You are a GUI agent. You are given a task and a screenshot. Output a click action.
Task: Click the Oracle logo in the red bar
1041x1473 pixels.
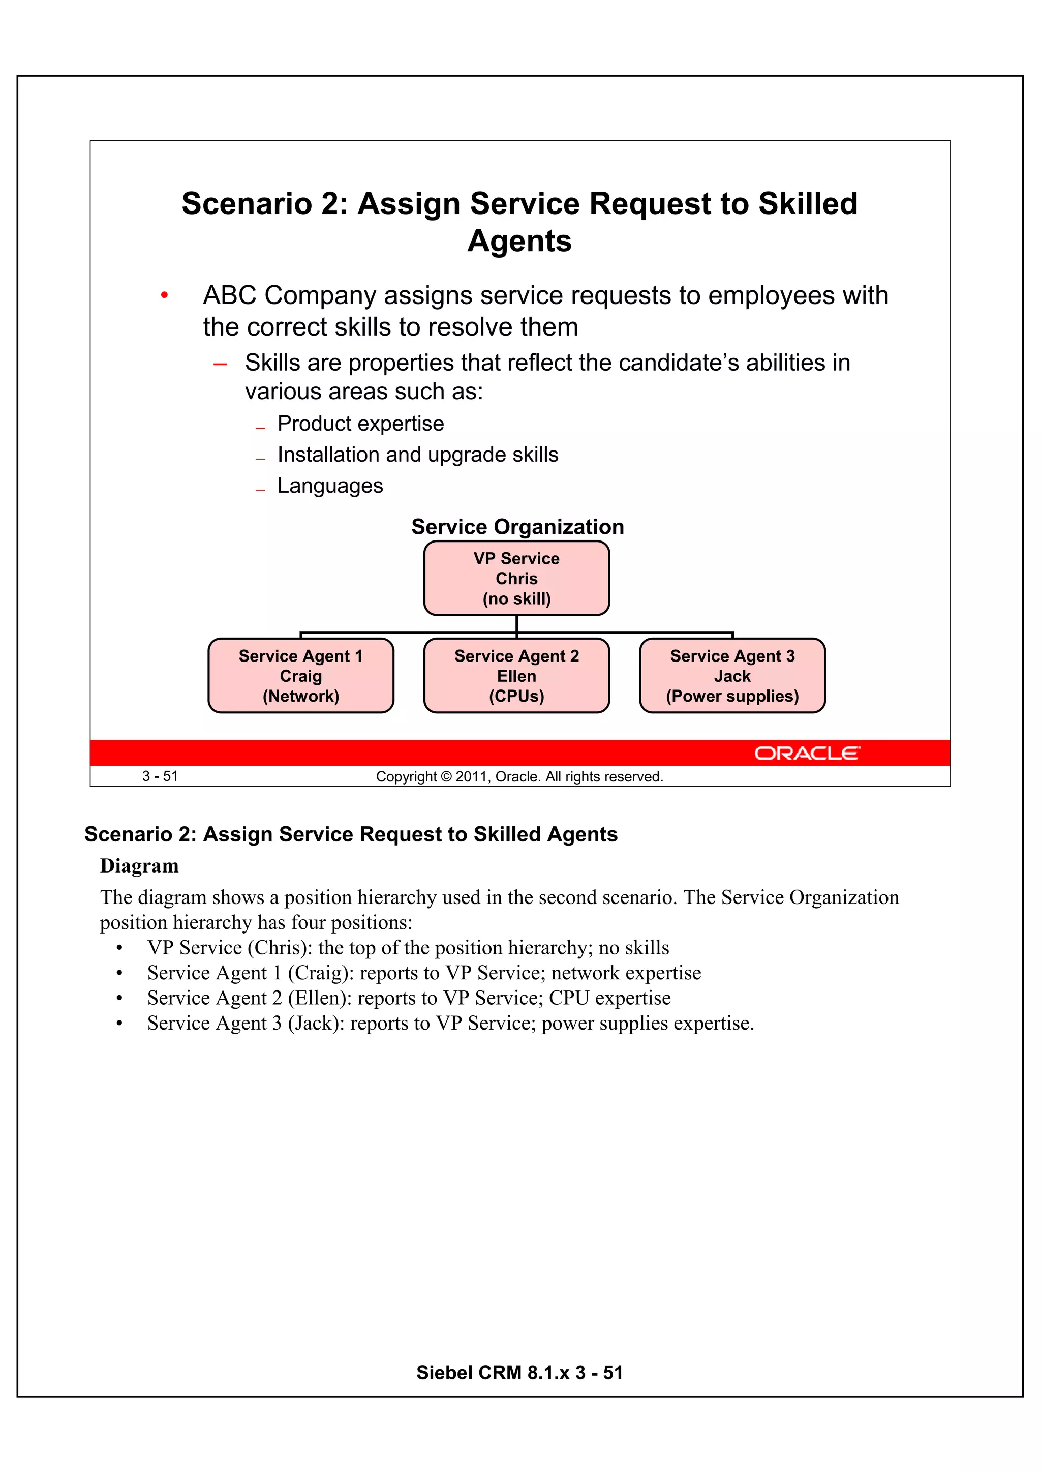pos(806,753)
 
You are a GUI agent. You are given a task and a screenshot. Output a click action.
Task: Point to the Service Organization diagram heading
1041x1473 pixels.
pos(517,527)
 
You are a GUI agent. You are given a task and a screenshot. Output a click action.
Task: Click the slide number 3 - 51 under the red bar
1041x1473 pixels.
pos(160,776)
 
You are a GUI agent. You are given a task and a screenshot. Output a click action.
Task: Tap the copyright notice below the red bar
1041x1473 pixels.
pos(519,777)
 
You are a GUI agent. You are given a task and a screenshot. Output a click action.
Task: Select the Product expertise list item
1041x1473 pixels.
pos(360,424)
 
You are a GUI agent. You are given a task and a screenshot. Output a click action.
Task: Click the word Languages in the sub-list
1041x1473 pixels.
pos(330,486)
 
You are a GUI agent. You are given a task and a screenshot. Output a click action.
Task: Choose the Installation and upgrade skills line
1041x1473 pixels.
pos(417,455)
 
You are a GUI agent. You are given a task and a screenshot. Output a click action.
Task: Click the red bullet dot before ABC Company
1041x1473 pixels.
pos(164,296)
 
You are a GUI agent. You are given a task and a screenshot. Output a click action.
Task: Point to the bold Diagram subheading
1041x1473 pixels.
pos(139,866)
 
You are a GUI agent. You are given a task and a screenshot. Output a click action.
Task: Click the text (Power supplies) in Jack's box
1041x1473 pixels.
pos(732,696)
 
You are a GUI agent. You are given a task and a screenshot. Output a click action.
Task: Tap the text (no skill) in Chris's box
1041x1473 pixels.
pos(516,598)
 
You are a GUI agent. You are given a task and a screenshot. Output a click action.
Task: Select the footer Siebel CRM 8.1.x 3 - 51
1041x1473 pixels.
pos(519,1372)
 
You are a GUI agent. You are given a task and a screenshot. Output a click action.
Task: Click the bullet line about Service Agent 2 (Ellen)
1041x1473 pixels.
pos(409,998)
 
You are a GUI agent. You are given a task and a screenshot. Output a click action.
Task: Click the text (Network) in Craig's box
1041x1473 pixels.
pos(300,696)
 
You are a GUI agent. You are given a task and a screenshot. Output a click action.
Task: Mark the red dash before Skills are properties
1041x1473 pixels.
pos(220,365)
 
